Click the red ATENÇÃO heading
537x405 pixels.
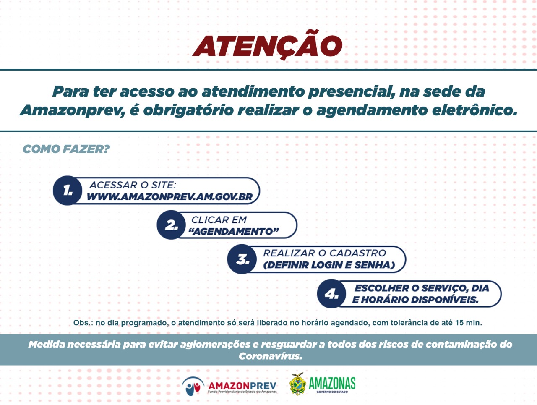pyautogui.click(x=267, y=45)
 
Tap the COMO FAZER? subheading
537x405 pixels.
pyautogui.click(x=66, y=149)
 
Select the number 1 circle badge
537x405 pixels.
pyautogui.click(x=68, y=191)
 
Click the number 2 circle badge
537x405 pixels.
pyautogui.click(x=171, y=225)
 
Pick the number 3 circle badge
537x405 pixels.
pyautogui.click(x=242, y=259)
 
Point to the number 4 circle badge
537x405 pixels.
pyautogui.click(x=332, y=294)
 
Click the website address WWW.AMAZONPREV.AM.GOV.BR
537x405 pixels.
pyautogui.click(x=169, y=197)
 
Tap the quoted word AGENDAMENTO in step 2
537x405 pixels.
pyautogui.click(x=234, y=231)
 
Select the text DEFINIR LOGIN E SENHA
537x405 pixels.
pyautogui.click(x=329, y=265)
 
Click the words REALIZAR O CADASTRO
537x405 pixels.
pyautogui.click(x=325, y=253)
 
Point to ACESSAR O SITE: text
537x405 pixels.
pyautogui.click(x=133, y=185)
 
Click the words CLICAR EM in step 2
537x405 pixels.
pyautogui.click(x=219, y=220)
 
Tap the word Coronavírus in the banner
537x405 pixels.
pyautogui.click(x=270, y=356)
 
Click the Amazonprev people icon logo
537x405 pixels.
pyautogui.click(x=193, y=387)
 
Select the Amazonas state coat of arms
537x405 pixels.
pyautogui.click(x=298, y=384)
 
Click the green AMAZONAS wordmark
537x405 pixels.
pyautogui.click(x=332, y=383)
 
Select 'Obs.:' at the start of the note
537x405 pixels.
pyautogui.click(x=83, y=323)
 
